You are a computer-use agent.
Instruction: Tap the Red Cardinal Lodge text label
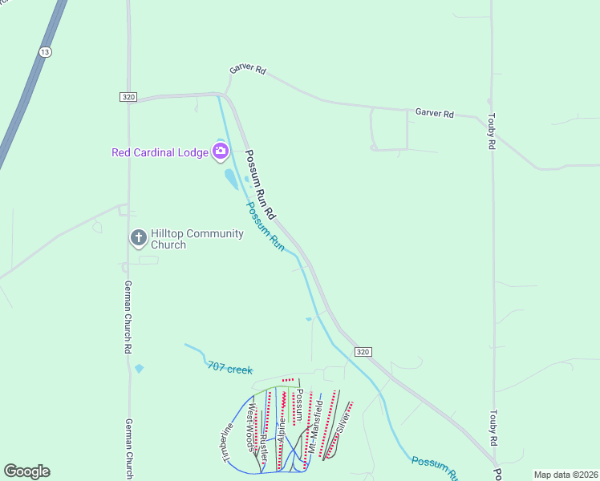click(160, 152)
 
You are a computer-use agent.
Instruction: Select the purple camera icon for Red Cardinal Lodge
click(220, 152)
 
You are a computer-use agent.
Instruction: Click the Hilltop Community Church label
click(186, 239)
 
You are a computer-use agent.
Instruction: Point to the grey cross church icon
click(138, 237)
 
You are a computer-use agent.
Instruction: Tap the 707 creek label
click(229, 369)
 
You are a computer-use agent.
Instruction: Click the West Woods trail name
click(251, 428)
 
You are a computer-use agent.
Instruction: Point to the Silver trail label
click(343, 422)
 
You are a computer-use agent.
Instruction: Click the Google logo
click(26, 471)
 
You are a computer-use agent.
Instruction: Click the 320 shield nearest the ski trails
click(363, 352)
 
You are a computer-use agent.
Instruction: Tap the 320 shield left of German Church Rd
click(128, 97)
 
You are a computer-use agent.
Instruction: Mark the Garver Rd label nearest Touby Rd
click(435, 114)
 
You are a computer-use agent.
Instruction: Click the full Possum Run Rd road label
click(260, 185)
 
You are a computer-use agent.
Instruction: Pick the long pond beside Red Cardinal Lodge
click(231, 179)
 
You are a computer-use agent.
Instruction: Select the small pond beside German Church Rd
click(140, 369)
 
